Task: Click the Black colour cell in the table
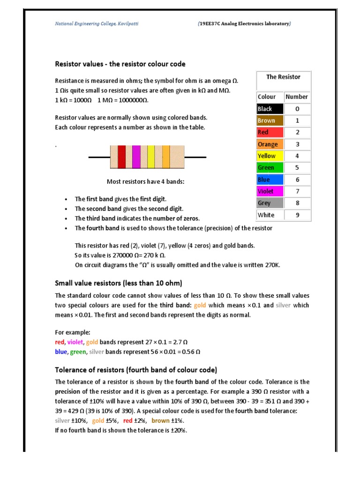point(270,109)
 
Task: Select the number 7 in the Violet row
point(297,191)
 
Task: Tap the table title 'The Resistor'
point(283,77)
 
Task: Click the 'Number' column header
point(297,97)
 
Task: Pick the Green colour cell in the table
point(270,168)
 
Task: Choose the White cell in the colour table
point(270,215)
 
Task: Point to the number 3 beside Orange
point(297,144)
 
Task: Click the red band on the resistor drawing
point(121,157)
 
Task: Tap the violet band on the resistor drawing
point(136,157)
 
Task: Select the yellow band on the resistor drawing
point(151,157)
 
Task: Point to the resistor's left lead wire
point(99,157)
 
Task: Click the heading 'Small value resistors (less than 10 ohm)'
point(118,283)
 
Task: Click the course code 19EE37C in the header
point(211,23)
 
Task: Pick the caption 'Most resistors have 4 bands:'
point(146,181)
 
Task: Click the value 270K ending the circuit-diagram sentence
point(272,265)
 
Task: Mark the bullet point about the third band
point(137,218)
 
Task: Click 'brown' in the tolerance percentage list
point(160,421)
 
